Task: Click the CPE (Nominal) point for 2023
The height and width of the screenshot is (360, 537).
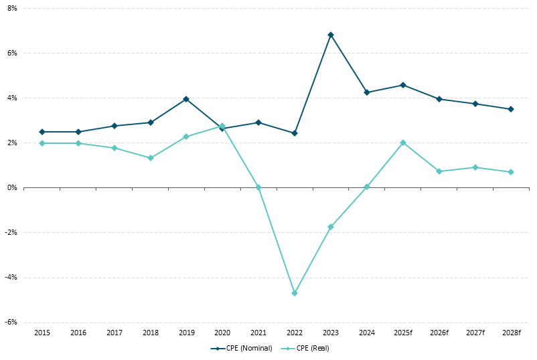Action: [331, 35]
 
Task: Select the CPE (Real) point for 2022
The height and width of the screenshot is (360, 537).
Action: [295, 293]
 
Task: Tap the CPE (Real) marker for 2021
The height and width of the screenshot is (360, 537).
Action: [258, 187]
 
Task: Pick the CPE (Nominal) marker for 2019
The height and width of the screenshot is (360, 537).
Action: [186, 99]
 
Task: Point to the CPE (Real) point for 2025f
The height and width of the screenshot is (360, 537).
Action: [403, 143]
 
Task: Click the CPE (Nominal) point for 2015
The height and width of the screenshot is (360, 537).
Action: [42, 132]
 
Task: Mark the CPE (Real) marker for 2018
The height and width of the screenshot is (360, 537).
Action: [151, 158]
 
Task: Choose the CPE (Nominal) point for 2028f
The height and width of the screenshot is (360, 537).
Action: [511, 109]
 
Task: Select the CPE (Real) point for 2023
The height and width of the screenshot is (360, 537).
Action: [331, 227]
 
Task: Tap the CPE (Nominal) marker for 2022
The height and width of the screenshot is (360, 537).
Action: [295, 133]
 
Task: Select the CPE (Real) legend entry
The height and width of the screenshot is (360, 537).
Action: [307, 348]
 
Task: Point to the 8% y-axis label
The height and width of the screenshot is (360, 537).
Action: [12, 8]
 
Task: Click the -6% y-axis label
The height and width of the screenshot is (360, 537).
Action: [11, 322]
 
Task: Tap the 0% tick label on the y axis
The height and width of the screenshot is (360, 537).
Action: [12, 187]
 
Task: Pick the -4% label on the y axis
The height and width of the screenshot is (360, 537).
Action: [11, 277]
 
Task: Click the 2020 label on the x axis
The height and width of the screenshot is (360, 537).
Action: [222, 333]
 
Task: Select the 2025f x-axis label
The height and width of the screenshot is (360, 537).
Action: [403, 333]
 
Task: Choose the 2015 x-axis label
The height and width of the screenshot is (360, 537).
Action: [42, 333]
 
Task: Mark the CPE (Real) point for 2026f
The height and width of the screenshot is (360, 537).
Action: [439, 171]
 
